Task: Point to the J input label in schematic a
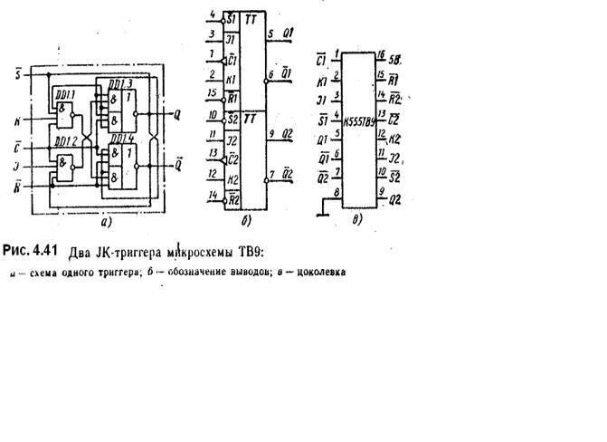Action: pos(19,164)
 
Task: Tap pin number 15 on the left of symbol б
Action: pos(210,92)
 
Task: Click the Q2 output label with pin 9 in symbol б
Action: pos(288,134)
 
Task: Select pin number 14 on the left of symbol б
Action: pos(210,194)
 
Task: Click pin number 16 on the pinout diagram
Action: pos(381,55)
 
